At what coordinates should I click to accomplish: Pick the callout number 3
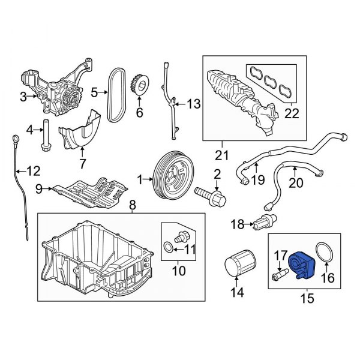[x=23, y=96]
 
